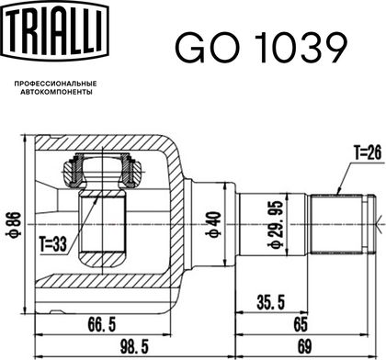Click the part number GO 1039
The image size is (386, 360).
(x=261, y=49)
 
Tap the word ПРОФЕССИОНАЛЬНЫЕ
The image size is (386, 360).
(x=56, y=84)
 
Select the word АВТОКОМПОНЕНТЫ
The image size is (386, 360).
(x=56, y=92)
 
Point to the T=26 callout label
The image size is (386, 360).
(x=368, y=152)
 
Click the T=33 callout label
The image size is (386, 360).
(x=53, y=244)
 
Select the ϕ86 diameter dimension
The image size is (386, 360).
(x=15, y=224)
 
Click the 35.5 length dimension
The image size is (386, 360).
(x=271, y=302)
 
